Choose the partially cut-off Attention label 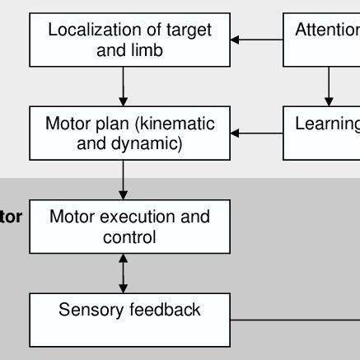(328, 30)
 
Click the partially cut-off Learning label (328, 124)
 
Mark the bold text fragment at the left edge (11, 218)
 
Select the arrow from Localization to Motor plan (123, 86)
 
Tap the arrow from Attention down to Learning (329, 86)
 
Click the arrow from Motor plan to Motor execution (123, 179)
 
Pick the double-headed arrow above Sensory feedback (124, 274)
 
